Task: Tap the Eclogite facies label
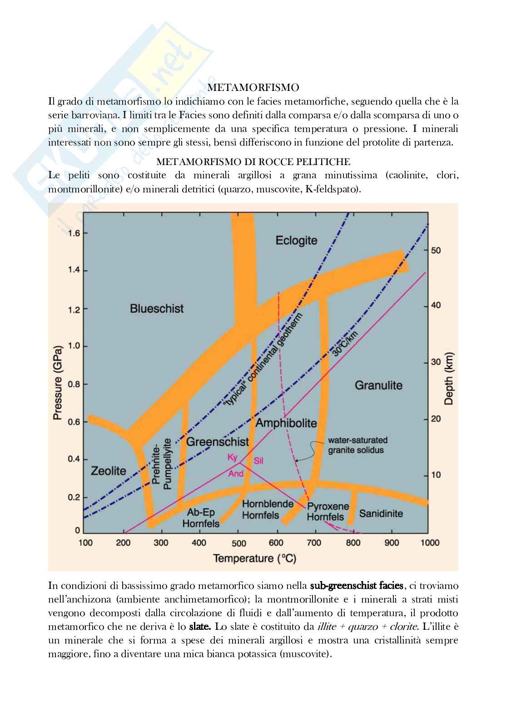tap(296, 240)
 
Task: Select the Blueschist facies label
tap(157, 308)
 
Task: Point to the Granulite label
tap(378, 385)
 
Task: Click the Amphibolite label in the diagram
tap(286, 423)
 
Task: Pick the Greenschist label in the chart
tap(218, 441)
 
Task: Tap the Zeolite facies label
tap(108, 471)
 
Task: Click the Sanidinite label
tap(381, 513)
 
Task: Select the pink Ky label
tap(232, 457)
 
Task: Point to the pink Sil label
tap(258, 461)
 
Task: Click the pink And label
tap(236, 473)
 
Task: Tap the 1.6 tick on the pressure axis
tap(74, 233)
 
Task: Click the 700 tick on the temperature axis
tap(314, 542)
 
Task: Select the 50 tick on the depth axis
tap(436, 251)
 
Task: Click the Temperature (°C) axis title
tap(255, 558)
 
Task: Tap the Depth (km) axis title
tap(449, 378)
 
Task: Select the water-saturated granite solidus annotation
tap(358, 445)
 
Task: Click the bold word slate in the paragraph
tap(200, 626)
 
